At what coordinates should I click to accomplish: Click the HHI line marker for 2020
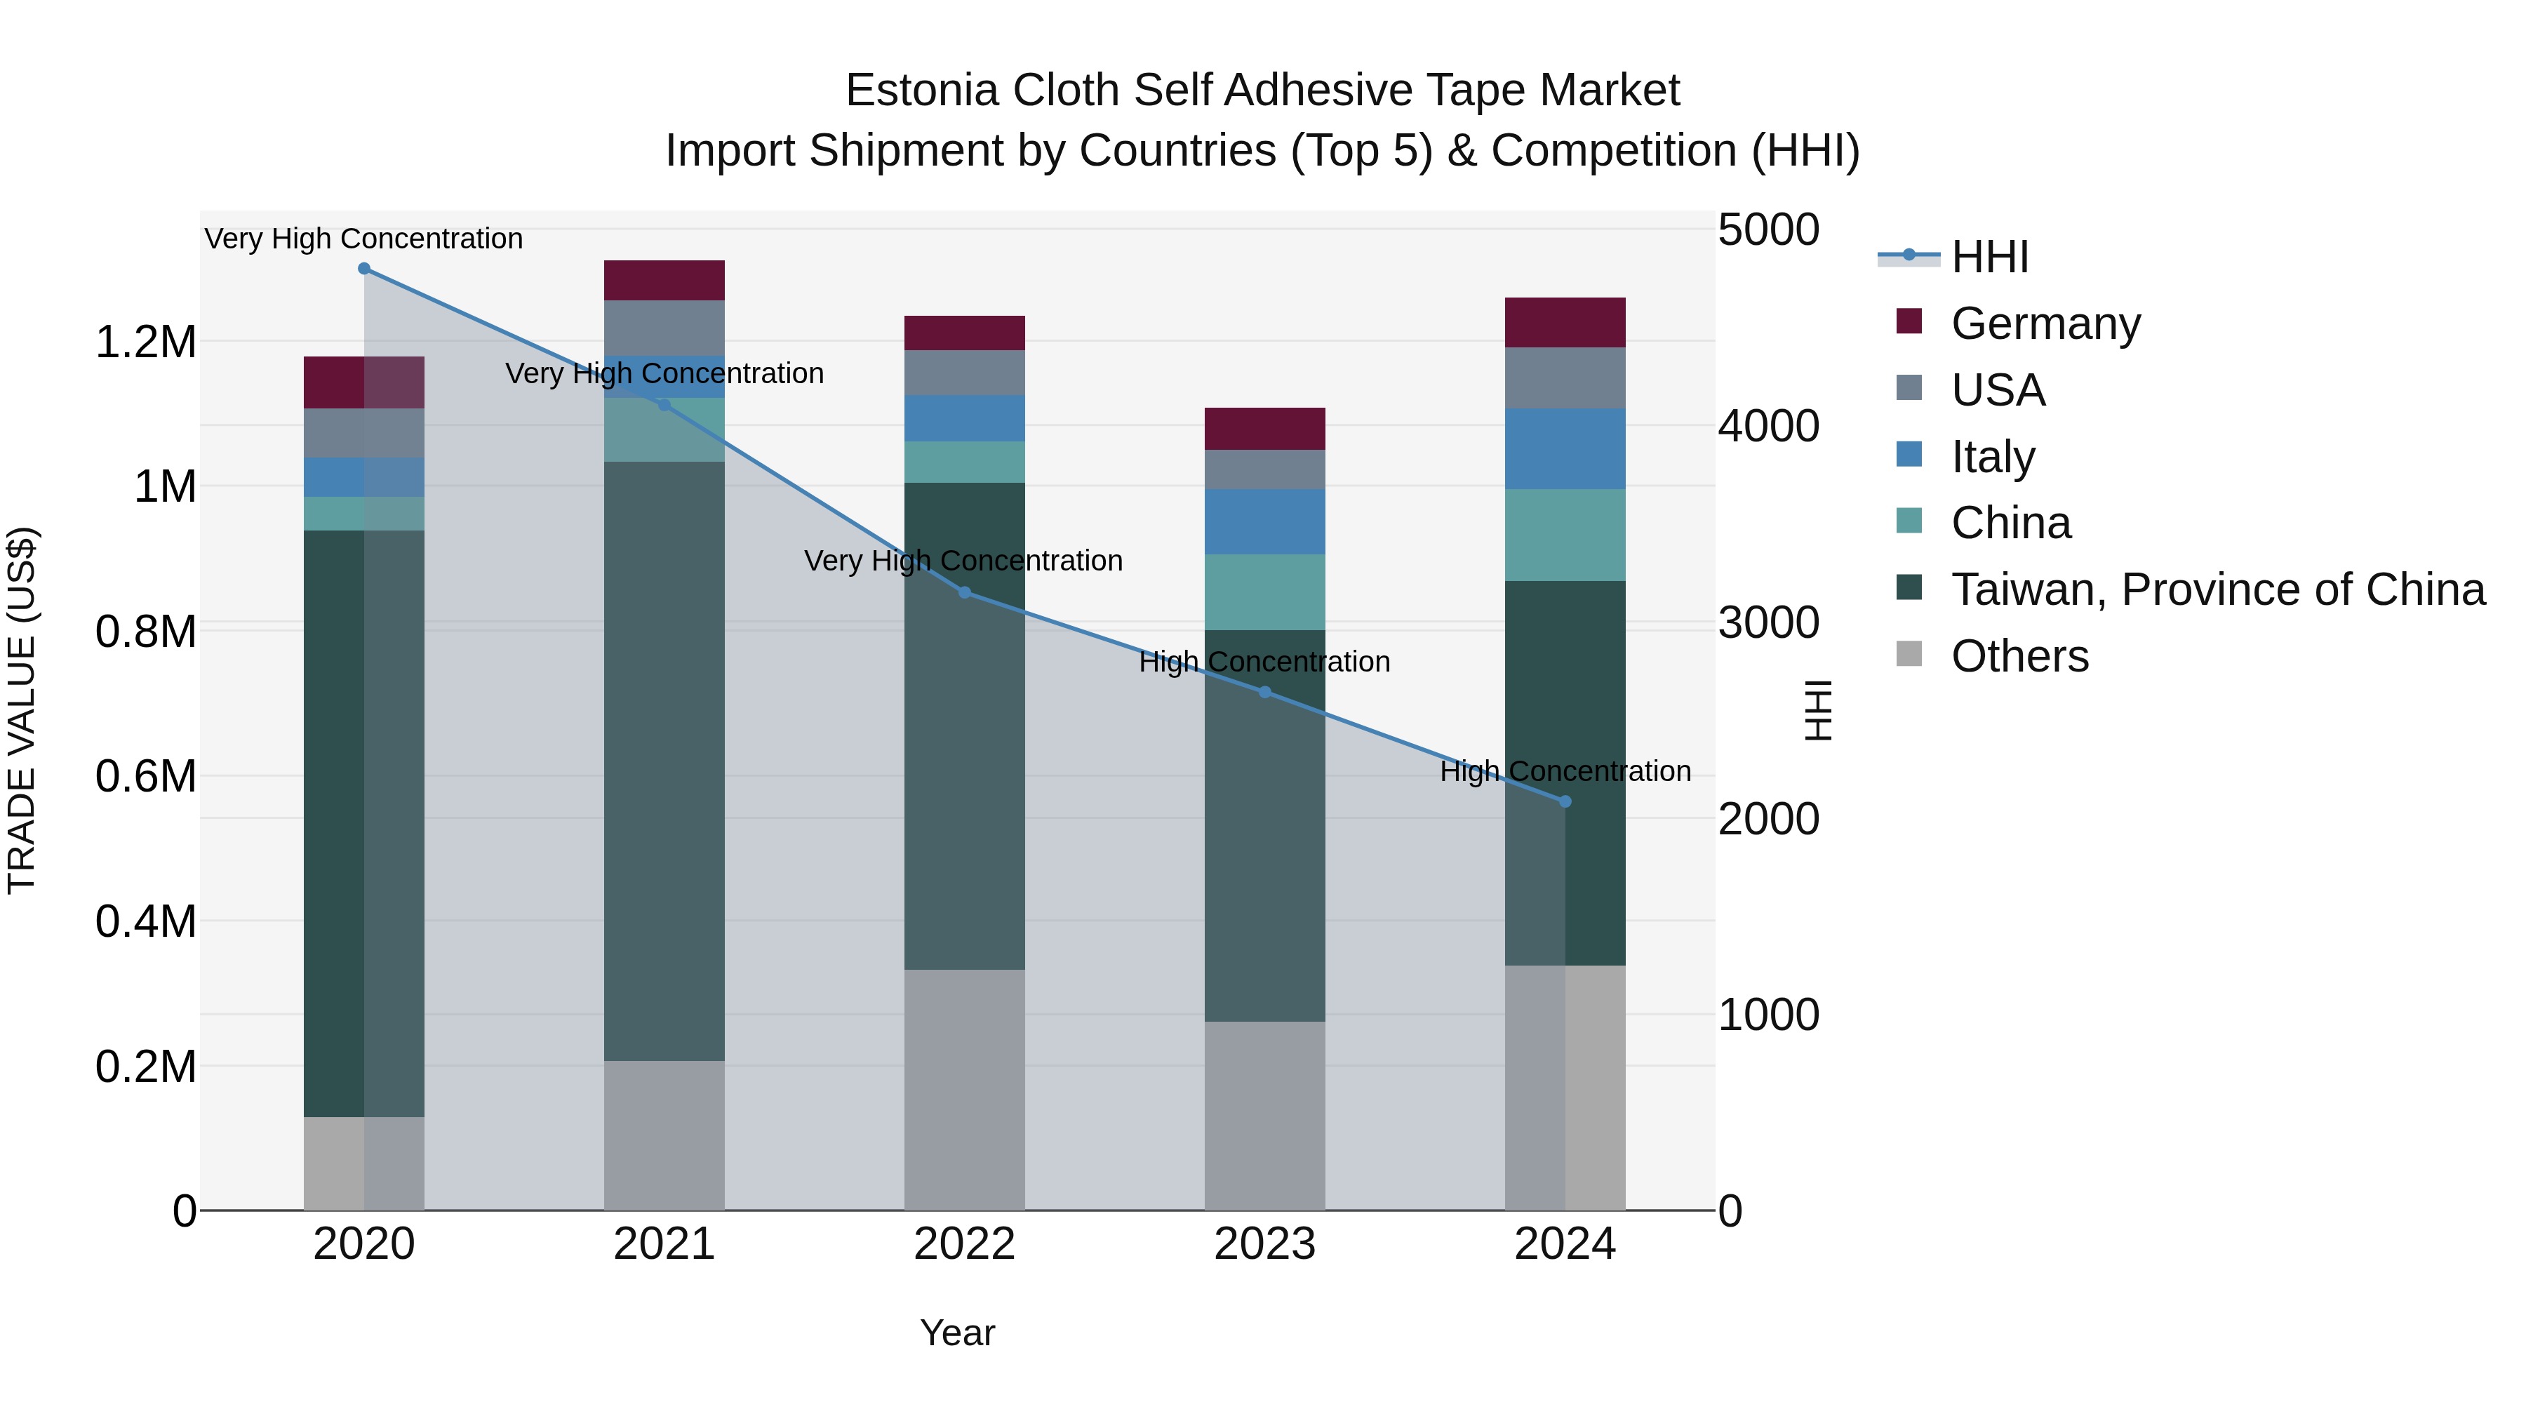tap(363, 269)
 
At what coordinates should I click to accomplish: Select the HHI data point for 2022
tap(964, 592)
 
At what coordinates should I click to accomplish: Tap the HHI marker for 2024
tap(1565, 802)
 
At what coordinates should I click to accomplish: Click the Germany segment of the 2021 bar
tap(664, 281)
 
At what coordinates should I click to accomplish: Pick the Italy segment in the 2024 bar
tap(1565, 448)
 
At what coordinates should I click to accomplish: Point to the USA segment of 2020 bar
tap(363, 432)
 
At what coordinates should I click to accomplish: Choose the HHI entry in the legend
tap(1989, 257)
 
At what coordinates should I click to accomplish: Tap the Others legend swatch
tap(1909, 654)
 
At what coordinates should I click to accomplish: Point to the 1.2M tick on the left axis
tap(145, 342)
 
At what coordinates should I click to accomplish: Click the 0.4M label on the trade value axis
tap(145, 922)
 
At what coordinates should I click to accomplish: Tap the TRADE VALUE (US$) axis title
tap(22, 710)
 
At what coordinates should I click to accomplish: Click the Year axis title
tap(957, 1333)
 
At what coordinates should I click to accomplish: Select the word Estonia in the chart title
tap(921, 91)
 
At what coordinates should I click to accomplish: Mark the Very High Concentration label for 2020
tap(363, 239)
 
